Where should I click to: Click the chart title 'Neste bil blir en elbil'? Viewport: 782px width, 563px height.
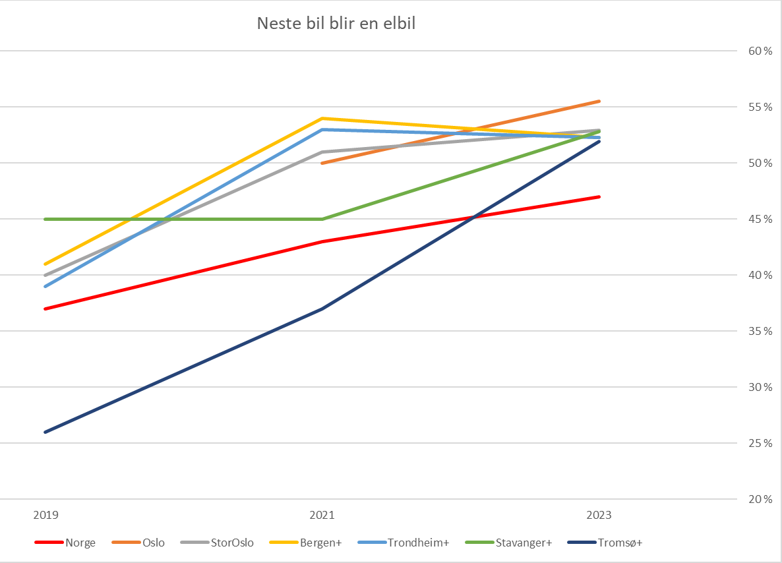[336, 24]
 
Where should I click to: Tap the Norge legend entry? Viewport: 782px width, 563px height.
[65, 543]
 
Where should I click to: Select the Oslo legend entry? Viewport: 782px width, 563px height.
[138, 543]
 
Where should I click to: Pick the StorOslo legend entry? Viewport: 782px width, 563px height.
[217, 543]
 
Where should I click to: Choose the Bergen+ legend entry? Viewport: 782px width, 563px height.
[306, 543]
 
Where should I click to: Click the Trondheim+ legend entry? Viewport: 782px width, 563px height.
[404, 543]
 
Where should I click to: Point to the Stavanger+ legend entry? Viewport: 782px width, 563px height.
[509, 543]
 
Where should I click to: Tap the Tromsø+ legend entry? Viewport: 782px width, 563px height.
[605, 543]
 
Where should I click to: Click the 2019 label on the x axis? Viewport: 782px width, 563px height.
[46, 515]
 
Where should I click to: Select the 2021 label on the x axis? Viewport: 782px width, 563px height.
[322, 515]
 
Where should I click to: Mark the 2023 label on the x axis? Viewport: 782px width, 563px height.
[599, 515]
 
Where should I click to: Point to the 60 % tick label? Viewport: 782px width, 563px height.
[760, 51]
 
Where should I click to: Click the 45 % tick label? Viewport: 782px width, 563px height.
[760, 219]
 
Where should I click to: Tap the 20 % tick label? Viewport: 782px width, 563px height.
[760, 499]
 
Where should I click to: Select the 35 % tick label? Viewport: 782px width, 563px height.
[760, 331]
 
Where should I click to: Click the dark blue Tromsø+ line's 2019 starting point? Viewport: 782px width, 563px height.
[45, 432]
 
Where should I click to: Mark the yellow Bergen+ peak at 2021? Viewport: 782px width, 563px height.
[322, 118]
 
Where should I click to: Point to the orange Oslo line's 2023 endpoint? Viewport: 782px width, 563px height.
[599, 102]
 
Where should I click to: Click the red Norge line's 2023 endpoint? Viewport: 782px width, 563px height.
[599, 197]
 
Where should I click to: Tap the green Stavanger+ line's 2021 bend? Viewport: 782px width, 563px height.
[322, 219]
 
